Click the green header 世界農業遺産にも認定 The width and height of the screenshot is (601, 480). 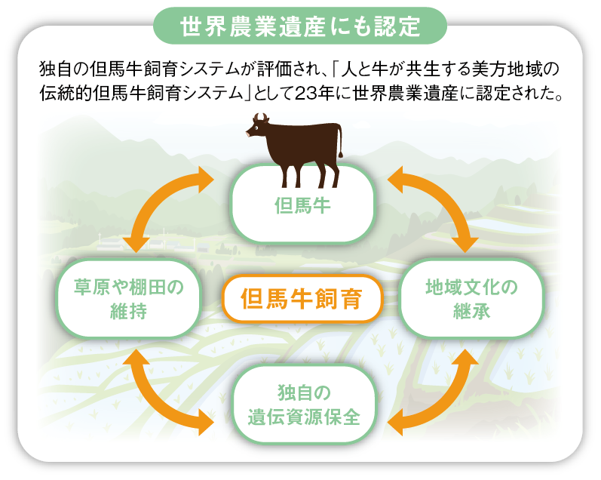click(x=299, y=26)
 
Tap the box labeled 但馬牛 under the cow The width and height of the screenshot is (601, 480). click(x=302, y=205)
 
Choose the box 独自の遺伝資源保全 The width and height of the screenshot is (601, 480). click(x=302, y=405)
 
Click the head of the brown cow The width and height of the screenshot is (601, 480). click(x=258, y=127)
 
